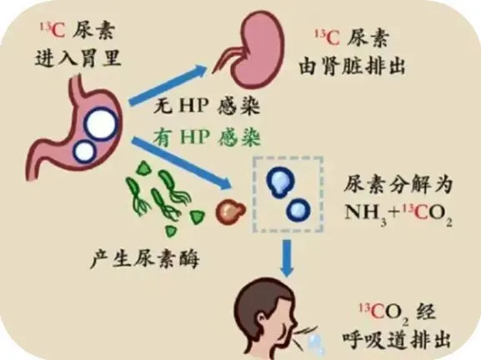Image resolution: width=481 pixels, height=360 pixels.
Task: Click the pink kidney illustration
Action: tap(256, 49)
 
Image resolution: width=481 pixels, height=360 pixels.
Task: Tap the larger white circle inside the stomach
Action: tap(102, 123)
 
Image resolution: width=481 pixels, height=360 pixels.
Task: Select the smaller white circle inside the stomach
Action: tap(84, 151)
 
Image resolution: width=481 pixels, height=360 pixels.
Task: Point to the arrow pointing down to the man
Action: tap(288, 258)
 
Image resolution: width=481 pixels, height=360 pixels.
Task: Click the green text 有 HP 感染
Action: tap(207, 137)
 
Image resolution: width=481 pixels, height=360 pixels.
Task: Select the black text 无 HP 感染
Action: tap(207, 106)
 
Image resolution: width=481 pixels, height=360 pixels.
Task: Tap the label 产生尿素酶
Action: tap(144, 259)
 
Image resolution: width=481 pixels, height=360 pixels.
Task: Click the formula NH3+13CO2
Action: tap(398, 213)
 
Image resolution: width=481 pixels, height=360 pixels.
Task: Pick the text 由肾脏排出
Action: tap(352, 65)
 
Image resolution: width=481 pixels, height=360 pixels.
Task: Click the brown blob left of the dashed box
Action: tap(230, 211)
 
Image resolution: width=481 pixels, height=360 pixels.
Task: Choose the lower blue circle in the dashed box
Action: tap(298, 210)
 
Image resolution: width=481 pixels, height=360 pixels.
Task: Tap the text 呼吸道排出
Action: tap(397, 339)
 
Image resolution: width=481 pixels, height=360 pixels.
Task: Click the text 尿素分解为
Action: tap(398, 185)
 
